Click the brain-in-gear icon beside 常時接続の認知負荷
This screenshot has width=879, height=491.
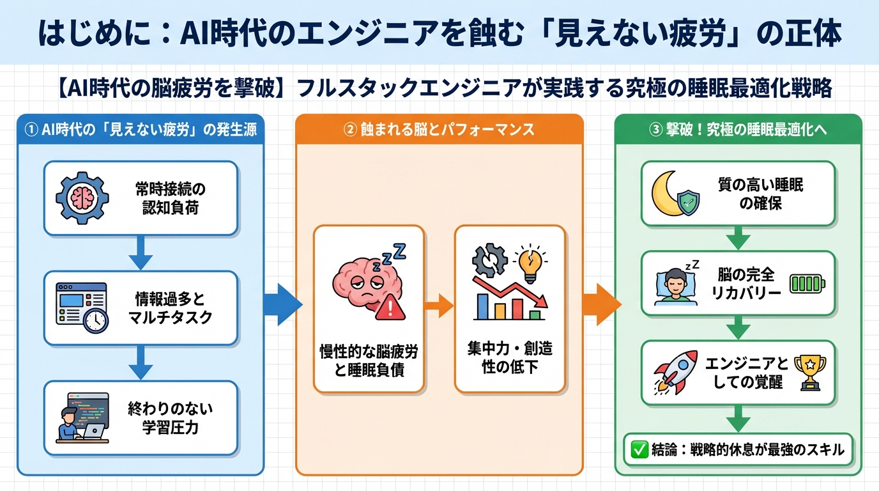click(82, 198)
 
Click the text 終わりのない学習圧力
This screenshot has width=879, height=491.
click(169, 418)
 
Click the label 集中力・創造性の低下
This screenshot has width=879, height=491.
click(510, 358)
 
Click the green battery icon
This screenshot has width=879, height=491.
click(807, 283)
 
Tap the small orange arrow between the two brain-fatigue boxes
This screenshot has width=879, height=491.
click(438, 306)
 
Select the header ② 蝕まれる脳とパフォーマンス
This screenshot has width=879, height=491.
click(439, 130)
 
